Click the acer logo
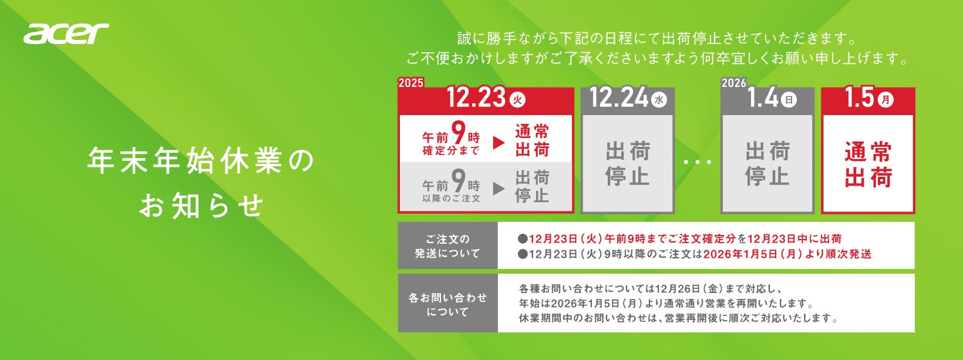point(66,33)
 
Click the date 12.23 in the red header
point(476,97)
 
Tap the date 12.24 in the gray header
point(618,97)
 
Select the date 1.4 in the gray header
point(763,97)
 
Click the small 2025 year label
point(411,83)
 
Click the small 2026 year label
point(734,83)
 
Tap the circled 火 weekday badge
point(517,100)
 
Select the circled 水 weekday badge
point(659,100)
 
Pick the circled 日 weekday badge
point(789,100)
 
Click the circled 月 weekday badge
point(885,100)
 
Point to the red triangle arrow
point(499,143)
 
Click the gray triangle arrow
point(499,189)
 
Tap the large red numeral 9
point(459,133)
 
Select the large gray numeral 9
point(459,181)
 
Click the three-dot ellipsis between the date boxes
point(698,162)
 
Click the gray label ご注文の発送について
point(447,246)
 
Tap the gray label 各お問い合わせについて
point(447,304)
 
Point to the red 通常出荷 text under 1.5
point(868,165)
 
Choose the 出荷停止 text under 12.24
point(628,163)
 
